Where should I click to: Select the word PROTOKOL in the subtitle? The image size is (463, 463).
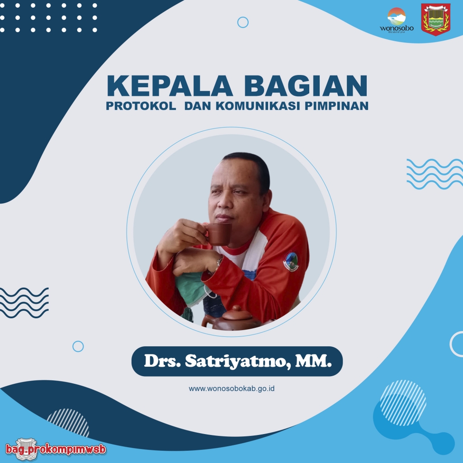click(141, 106)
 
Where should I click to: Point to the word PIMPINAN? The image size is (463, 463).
click(336, 106)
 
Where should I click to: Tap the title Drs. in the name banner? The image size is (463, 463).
click(162, 361)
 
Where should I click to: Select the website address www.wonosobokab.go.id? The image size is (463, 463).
click(232, 388)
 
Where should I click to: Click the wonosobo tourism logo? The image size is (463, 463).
click(397, 20)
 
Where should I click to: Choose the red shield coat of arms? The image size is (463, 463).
click(435, 19)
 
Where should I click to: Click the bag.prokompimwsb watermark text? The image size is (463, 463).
click(56, 449)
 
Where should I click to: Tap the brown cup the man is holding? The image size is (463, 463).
click(218, 234)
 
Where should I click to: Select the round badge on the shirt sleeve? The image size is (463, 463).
click(291, 261)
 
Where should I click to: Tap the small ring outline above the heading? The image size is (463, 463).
click(243, 22)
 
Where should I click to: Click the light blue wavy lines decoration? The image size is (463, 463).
click(435, 174)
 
